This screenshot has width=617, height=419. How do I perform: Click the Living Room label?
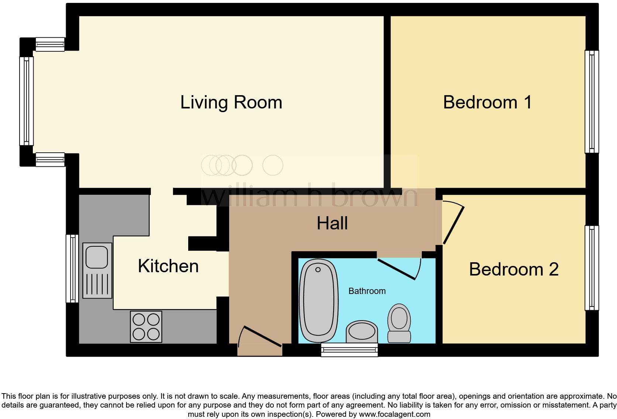[231, 102]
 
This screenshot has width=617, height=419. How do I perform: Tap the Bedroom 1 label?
[487, 102]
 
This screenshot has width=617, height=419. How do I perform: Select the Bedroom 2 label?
[513, 269]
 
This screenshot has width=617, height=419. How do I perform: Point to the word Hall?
[332, 224]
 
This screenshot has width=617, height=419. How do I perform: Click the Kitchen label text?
[168, 266]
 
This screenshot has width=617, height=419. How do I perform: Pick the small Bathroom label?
[367, 291]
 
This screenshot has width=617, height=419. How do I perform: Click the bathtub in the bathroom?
[318, 301]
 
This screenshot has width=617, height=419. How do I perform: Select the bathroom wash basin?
[362, 331]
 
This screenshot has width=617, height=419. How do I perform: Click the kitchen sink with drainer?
[97, 270]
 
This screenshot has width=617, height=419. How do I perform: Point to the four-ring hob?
[146, 326]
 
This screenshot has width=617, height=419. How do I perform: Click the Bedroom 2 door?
[453, 225]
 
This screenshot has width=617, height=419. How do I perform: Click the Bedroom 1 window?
[592, 102]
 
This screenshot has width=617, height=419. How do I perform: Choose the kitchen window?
[72, 269]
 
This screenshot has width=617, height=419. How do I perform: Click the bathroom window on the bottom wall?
[349, 350]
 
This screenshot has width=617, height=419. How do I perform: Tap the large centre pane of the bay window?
[26, 101]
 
